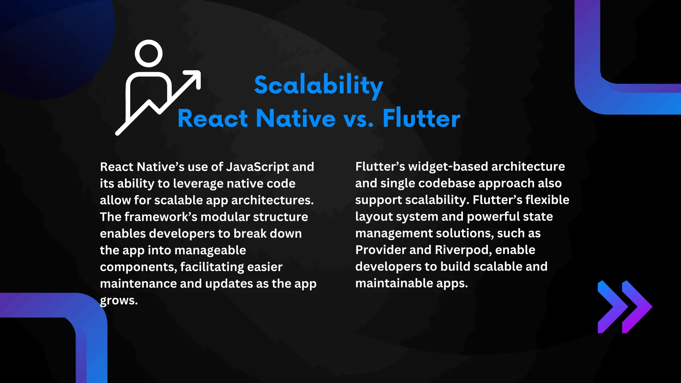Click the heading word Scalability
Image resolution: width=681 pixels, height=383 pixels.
pyautogui.click(x=319, y=85)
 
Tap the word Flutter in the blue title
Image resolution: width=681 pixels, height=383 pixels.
pyautogui.click(x=421, y=118)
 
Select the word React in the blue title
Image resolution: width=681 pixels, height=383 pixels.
pyautogui.click(x=213, y=118)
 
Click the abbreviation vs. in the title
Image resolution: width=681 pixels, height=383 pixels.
pyautogui.click(x=359, y=119)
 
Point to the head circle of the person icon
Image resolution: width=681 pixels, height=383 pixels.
pyautogui.click(x=149, y=54)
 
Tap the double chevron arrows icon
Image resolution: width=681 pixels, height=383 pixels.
pyautogui.click(x=624, y=307)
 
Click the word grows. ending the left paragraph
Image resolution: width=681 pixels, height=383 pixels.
pyautogui.click(x=119, y=301)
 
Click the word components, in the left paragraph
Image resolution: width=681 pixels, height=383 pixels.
pyautogui.click(x=138, y=267)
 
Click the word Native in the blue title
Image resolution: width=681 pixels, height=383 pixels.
pyautogui.click(x=296, y=118)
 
